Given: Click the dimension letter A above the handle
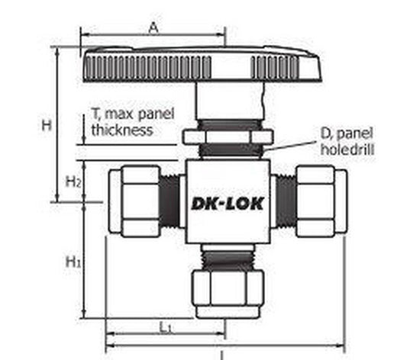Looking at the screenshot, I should pos(153,27).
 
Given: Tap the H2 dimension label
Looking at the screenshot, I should pos(73,182).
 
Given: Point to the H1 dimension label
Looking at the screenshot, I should pos(73,262).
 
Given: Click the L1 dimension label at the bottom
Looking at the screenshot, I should pos(165,326).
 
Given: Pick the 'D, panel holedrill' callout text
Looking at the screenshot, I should pos(346,143).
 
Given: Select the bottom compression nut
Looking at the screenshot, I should pos(227,293).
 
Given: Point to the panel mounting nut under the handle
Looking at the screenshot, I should pos(227,137).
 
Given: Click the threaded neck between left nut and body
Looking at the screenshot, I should pos(172,201).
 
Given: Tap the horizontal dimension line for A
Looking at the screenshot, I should pos(153,34).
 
